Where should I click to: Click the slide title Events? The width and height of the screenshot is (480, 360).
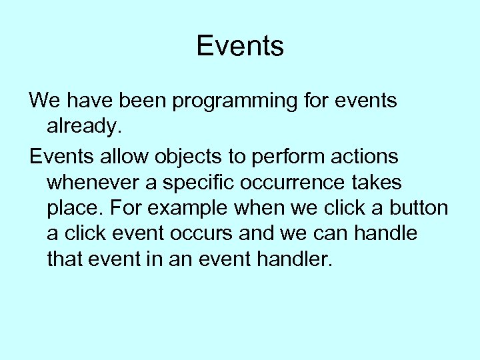click(x=240, y=47)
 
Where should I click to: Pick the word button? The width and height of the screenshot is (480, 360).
click(x=419, y=208)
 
